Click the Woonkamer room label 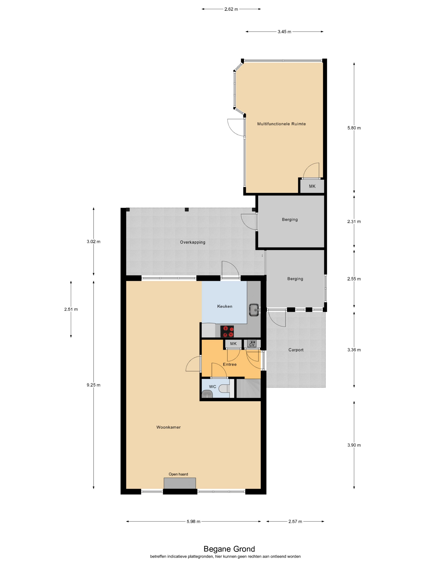pyautogui.click(x=168, y=427)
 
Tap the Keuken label pyautogui.click(x=225, y=306)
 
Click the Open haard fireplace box pyautogui.click(x=180, y=483)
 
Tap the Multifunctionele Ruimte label pyautogui.click(x=281, y=124)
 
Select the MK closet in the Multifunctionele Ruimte pyautogui.click(x=312, y=186)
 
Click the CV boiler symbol pyautogui.click(x=252, y=344)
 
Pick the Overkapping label pyautogui.click(x=192, y=242)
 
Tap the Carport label pyautogui.click(x=296, y=350)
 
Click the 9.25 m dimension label pyautogui.click(x=93, y=385)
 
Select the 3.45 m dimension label pyautogui.click(x=284, y=32)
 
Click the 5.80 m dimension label pyautogui.click(x=354, y=128)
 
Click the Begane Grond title pyautogui.click(x=229, y=549)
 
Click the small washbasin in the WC pyautogui.click(x=207, y=394)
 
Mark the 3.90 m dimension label pyautogui.click(x=354, y=445)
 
